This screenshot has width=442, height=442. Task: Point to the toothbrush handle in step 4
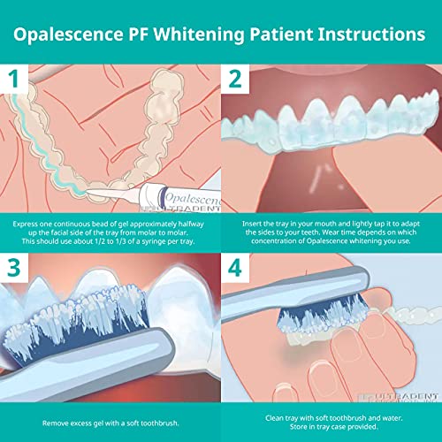pyautogui.click(x=265, y=305)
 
